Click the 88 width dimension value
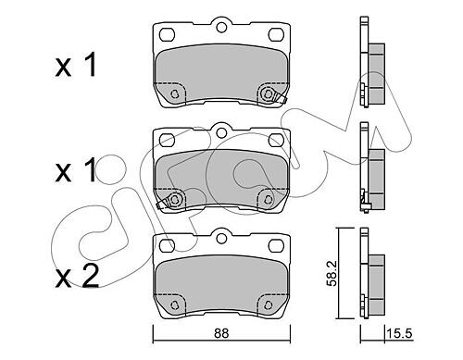tap(221, 333)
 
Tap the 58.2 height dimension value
tap(332, 274)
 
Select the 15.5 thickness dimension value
tap(399, 333)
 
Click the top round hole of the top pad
tap(221, 27)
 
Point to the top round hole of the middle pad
tap(221, 133)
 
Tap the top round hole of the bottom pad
tap(221, 239)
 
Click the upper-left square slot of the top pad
tap(168, 34)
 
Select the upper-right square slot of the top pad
tap(276, 34)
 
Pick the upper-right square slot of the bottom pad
tap(276, 246)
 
